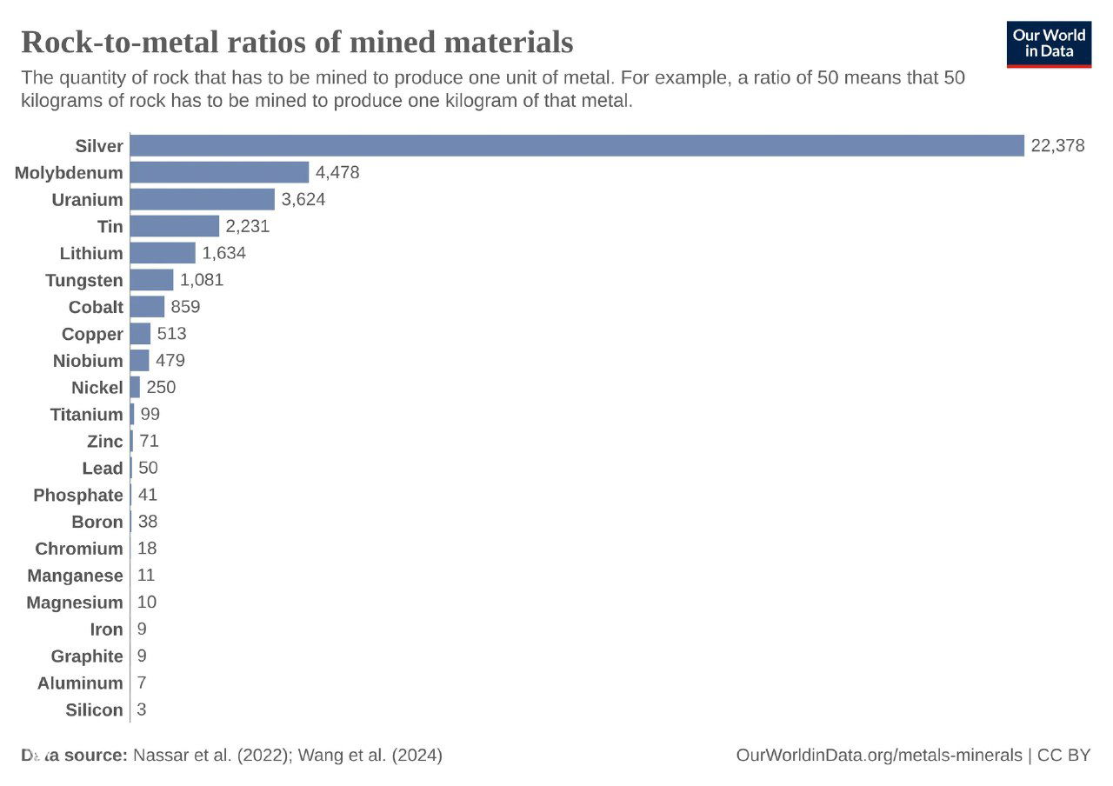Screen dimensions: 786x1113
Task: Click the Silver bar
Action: click(x=576, y=145)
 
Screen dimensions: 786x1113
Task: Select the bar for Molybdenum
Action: click(x=219, y=172)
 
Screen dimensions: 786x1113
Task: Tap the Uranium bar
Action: click(x=202, y=199)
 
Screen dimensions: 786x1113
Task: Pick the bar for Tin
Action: click(x=174, y=226)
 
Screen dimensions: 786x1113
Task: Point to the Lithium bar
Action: click(x=163, y=253)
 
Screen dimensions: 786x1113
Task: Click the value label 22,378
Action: click(x=1057, y=145)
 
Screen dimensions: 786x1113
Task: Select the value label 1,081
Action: click(x=202, y=280)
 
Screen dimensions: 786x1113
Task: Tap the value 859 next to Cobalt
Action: click(x=185, y=307)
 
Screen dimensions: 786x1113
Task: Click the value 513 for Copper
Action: click(x=171, y=334)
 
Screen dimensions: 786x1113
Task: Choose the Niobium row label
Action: click(x=88, y=361)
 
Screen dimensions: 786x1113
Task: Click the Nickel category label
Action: click(x=97, y=388)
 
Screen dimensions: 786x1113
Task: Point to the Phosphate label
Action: click(x=78, y=496)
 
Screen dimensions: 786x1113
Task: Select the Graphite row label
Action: click(x=87, y=656)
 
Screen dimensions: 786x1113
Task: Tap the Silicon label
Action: click(x=94, y=710)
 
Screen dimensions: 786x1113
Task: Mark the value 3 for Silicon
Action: click(x=142, y=709)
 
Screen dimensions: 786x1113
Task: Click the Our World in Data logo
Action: click(x=1049, y=44)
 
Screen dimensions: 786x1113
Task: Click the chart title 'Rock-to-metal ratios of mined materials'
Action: click(x=297, y=42)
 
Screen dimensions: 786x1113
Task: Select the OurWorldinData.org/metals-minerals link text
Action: click(x=878, y=756)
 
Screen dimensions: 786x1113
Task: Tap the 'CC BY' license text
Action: click(x=1064, y=756)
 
